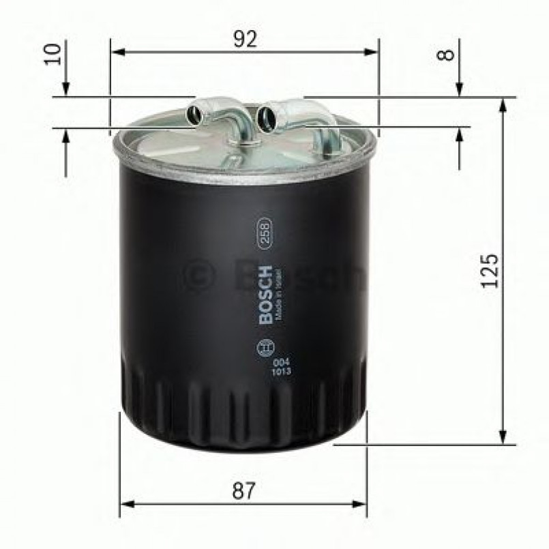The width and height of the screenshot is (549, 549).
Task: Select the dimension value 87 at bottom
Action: tap(243, 490)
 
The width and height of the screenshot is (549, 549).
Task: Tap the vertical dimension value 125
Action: tap(489, 271)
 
